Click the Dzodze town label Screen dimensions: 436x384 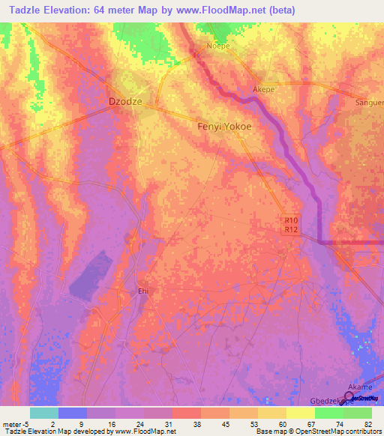[126, 101]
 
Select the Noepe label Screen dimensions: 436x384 [219, 46]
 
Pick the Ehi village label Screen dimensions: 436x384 [145, 292]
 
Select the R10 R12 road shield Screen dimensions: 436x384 [292, 225]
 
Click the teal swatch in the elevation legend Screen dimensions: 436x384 [43, 413]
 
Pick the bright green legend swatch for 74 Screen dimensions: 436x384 [328, 413]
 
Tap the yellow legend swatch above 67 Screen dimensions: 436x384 [300, 413]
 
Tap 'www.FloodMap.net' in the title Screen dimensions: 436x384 [233, 10]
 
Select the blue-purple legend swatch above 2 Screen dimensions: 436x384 [72, 413]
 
